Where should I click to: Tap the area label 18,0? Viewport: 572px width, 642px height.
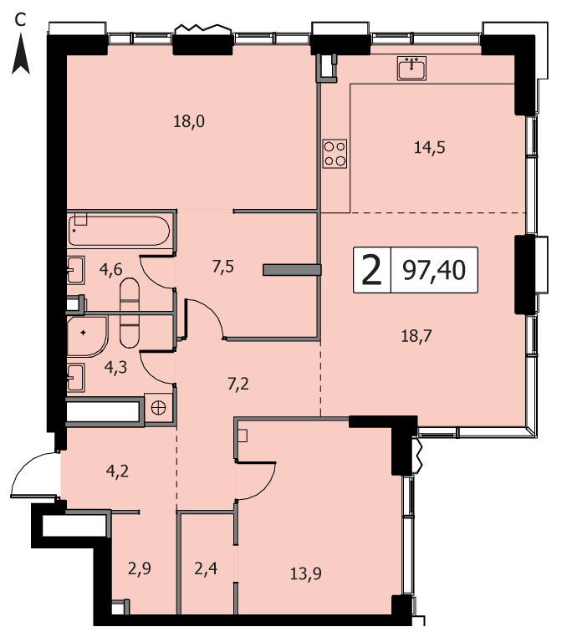pyautogui.click(x=189, y=121)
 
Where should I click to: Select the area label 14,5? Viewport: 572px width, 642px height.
pyautogui.click(x=429, y=147)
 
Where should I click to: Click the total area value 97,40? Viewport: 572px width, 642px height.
pyautogui.click(x=434, y=270)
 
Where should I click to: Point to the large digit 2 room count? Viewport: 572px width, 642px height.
pyautogui.click(x=372, y=270)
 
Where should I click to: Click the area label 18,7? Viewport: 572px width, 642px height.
pyautogui.click(x=416, y=336)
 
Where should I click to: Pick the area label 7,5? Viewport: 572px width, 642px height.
pyautogui.click(x=223, y=267)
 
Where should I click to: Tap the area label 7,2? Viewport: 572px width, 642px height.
pyautogui.click(x=238, y=385)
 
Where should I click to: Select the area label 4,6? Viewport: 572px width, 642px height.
pyautogui.click(x=111, y=270)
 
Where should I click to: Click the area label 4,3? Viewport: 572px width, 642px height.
pyautogui.click(x=115, y=368)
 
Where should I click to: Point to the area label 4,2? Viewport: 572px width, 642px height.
pyautogui.click(x=117, y=471)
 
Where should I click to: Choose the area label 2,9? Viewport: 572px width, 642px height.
pyautogui.click(x=140, y=568)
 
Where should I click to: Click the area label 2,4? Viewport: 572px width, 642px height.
pyautogui.click(x=206, y=568)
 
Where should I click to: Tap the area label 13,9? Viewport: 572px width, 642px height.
pyautogui.click(x=306, y=574)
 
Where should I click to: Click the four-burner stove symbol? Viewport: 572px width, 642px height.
pyautogui.click(x=335, y=154)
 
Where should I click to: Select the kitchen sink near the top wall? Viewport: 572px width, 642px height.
pyautogui.click(x=411, y=68)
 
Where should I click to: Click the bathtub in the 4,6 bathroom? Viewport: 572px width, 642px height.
pyautogui.click(x=119, y=231)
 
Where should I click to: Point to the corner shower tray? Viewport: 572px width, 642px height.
pyautogui.click(x=87, y=336)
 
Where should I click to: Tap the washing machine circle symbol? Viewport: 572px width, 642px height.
pyautogui.click(x=158, y=408)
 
